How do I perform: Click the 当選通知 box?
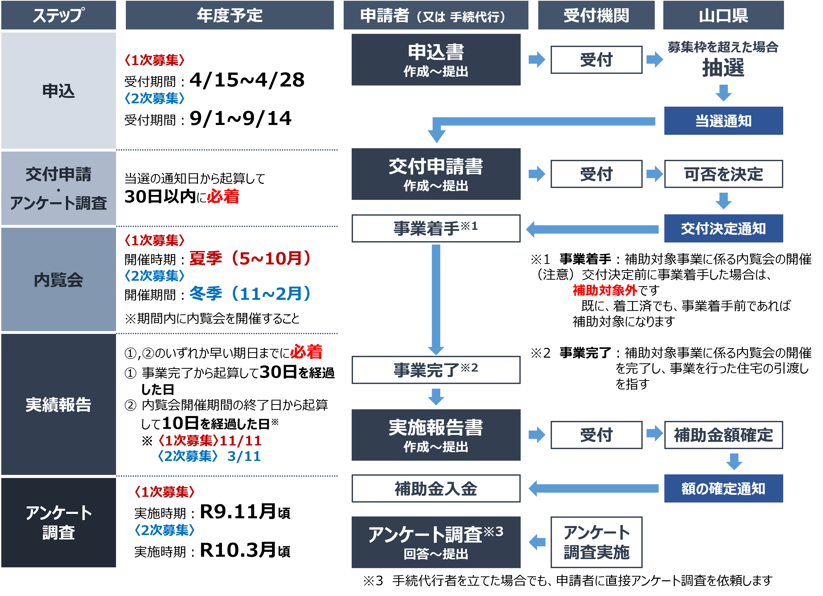point(723,121)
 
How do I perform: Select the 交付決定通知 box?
point(723,229)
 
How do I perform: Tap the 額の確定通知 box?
point(723,488)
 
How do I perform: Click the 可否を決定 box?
point(723,174)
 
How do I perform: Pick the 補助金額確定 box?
point(723,435)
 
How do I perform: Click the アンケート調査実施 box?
point(596,542)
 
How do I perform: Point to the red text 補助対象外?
point(605,290)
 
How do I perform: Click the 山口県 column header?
point(723,15)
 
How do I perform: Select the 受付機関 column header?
point(596,15)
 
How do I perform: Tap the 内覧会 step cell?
point(58,279)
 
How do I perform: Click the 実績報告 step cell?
point(58,404)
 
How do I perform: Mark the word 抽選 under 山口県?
point(723,68)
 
